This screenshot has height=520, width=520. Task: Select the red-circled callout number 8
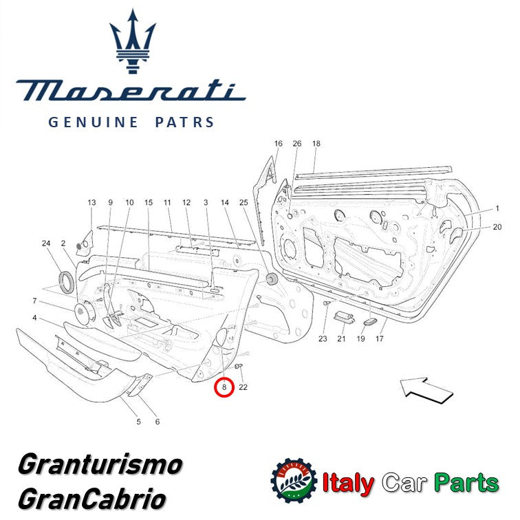click(x=224, y=387)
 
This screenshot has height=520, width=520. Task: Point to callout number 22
click(x=243, y=387)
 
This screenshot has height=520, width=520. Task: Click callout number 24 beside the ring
click(x=46, y=243)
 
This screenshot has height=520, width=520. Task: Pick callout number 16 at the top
click(x=278, y=144)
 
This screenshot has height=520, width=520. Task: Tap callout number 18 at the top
click(x=316, y=144)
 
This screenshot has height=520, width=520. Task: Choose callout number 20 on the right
click(x=497, y=227)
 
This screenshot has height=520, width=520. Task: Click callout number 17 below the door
click(x=379, y=338)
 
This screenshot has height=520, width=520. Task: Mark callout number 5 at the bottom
click(x=138, y=421)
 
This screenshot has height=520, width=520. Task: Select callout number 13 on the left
click(x=91, y=203)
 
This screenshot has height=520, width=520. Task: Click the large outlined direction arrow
click(x=427, y=389)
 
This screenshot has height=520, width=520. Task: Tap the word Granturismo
click(x=100, y=464)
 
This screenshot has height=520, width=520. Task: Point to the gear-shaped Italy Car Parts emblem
click(x=294, y=482)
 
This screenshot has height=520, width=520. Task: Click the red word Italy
click(x=349, y=483)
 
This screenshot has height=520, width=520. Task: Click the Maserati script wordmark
click(x=130, y=90)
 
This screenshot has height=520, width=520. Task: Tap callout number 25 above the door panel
click(x=243, y=203)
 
